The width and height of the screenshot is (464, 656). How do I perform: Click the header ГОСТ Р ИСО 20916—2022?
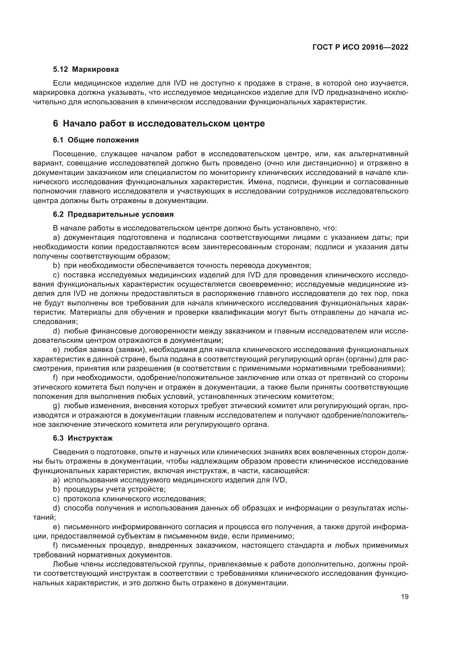click(360, 47)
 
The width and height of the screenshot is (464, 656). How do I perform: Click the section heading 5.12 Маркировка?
click(86, 70)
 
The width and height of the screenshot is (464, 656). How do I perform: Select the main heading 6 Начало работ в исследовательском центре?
click(159, 123)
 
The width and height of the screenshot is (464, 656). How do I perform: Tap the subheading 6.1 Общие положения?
click(96, 140)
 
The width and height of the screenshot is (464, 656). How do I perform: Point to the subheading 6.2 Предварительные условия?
click(113, 214)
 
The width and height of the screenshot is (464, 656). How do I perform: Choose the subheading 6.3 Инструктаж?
click(83, 438)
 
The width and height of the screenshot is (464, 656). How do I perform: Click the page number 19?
click(405, 597)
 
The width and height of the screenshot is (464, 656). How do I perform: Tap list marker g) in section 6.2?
click(56, 406)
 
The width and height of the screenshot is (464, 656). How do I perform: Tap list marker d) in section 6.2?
click(56, 331)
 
